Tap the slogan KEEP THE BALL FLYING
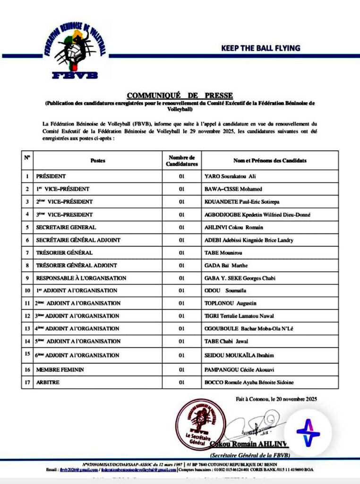tap(261, 48)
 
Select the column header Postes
tap(97, 161)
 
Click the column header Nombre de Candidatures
tap(181, 161)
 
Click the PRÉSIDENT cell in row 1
tap(51, 176)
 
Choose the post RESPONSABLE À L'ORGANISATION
tap(81, 278)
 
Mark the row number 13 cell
tap(27, 328)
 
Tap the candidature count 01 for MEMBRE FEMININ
tap(181, 369)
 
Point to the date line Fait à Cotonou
tap(276, 399)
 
